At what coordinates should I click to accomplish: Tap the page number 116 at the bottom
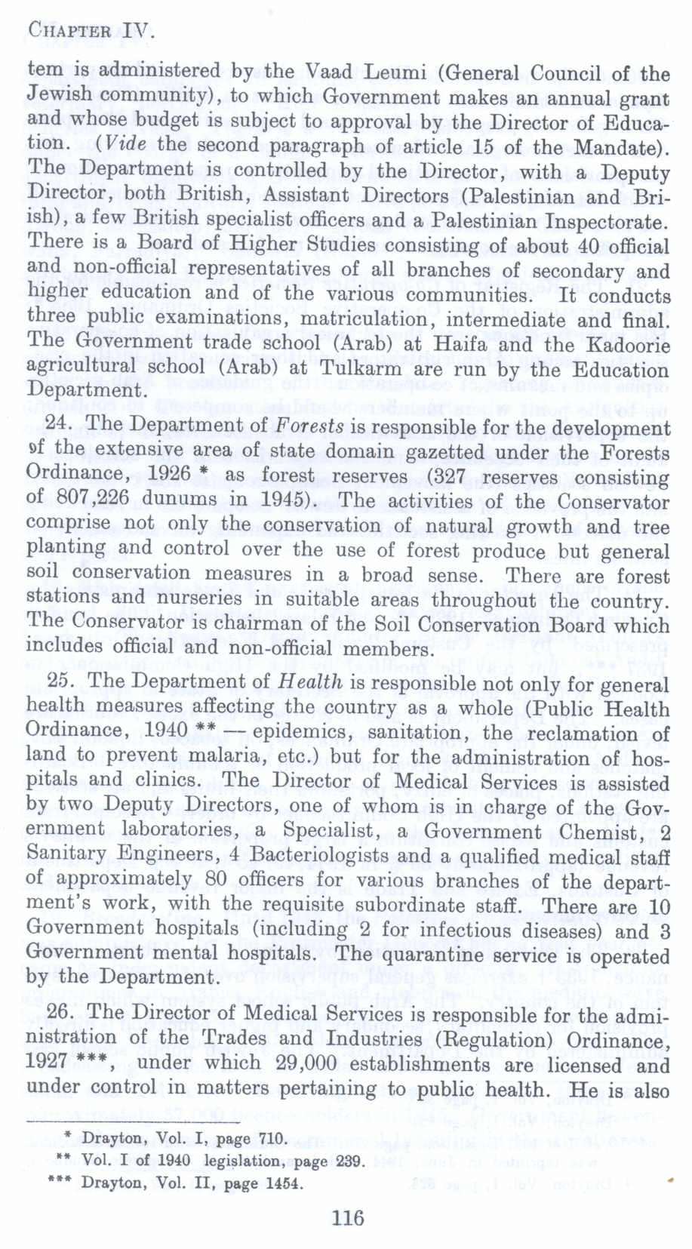pyautogui.click(x=347, y=1217)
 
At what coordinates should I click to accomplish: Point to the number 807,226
pyautogui.click(x=86, y=500)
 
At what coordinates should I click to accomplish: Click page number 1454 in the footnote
pyautogui.click(x=284, y=1183)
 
